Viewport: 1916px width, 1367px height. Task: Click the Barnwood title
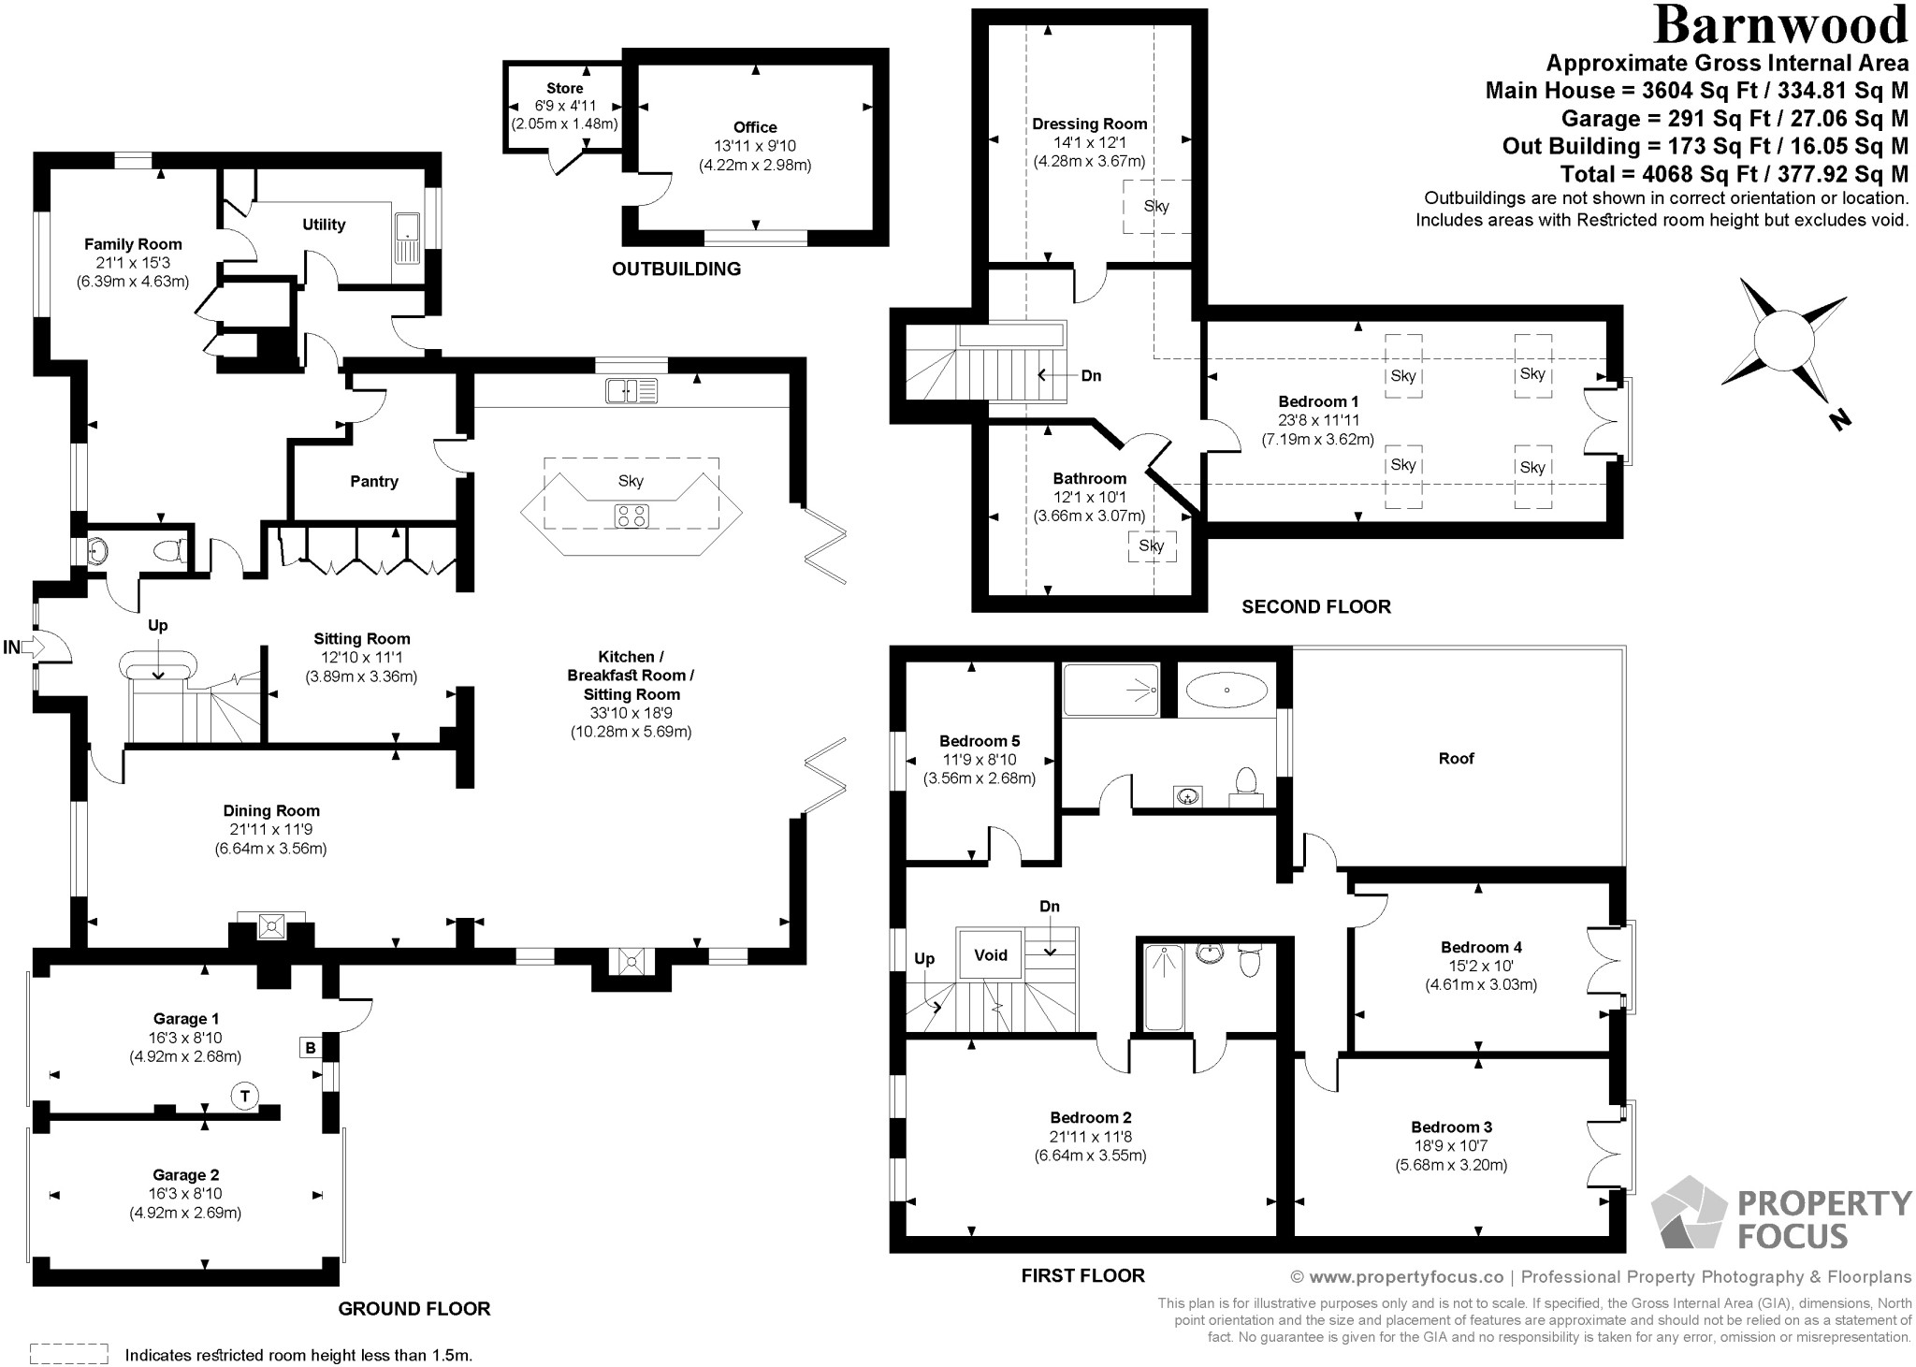coord(1780,26)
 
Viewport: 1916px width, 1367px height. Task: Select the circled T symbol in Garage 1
coord(244,1096)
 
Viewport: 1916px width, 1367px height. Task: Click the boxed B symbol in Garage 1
coord(311,1048)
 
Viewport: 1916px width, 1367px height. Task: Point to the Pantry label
coord(374,481)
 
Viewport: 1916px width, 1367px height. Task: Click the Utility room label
coord(324,225)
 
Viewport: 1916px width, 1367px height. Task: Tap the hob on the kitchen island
coord(631,516)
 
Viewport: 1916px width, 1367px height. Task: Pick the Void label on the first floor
coord(991,955)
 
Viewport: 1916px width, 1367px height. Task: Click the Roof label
coord(1456,759)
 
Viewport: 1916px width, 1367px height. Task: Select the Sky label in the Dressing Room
coord(1156,206)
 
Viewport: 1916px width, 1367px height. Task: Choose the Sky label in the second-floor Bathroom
coord(1152,545)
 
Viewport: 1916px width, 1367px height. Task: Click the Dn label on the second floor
coord(1091,376)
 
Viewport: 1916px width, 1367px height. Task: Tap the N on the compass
coord(1840,420)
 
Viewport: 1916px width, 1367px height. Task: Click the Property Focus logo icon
coord(1688,1214)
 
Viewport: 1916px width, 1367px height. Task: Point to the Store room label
coord(565,88)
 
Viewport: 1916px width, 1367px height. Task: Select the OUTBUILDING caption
coord(676,269)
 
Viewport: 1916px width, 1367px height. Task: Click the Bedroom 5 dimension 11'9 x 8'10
coord(979,760)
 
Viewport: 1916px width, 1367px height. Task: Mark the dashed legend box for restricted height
coord(69,1354)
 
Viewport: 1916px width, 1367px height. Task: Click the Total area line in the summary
coord(1734,174)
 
